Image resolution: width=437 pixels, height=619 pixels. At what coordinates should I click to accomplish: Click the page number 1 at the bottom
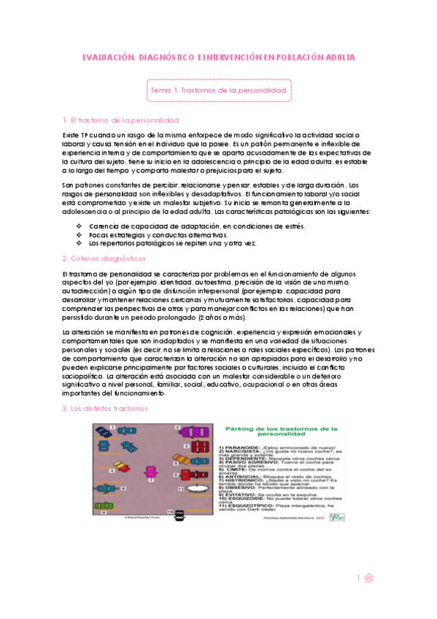pyautogui.click(x=360, y=578)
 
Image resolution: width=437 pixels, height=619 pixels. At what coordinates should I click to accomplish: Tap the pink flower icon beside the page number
pyautogui.click(x=370, y=578)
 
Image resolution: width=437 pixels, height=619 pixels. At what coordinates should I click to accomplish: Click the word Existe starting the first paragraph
pyautogui.click(x=72, y=135)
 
